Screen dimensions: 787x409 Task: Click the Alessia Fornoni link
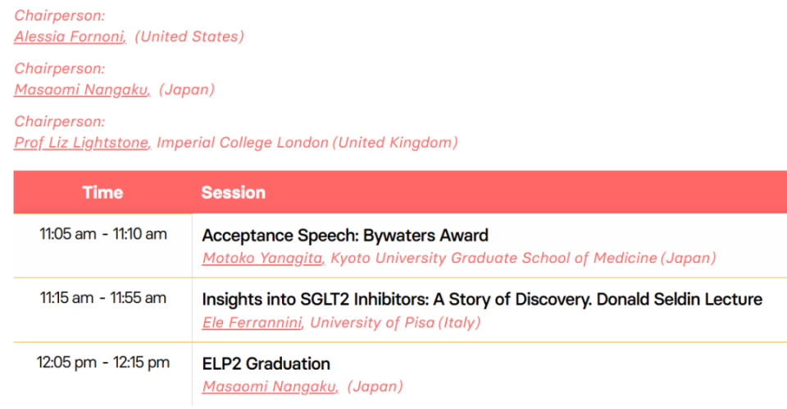(x=69, y=37)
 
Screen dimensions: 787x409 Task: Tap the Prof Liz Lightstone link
(x=81, y=143)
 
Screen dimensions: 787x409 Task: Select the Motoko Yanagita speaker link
(x=262, y=258)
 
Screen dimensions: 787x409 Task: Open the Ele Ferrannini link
(x=252, y=323)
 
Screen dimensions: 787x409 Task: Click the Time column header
(x=102, y=192)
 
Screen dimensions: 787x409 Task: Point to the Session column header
(x=234, y=192)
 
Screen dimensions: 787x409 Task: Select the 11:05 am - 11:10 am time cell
(x=103, y=234)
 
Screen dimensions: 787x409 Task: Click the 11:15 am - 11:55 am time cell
(x=103, y=298)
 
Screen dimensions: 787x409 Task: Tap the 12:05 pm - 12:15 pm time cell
(x=103, y=362)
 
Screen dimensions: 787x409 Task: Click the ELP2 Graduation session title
(x=266, y=364)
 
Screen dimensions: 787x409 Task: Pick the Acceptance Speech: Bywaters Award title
(x=345, y=236)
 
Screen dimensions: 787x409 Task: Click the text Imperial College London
(x=243, y=143)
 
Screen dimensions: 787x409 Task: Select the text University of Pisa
(x=372, y=323)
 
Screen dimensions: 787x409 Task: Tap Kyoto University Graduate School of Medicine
(x=494, y=258)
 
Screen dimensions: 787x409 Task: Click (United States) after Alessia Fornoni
(x=189, y=37)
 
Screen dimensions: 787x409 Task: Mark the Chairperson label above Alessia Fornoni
(x=60, y=16)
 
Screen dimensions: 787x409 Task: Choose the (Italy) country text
(x=459, y=323)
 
